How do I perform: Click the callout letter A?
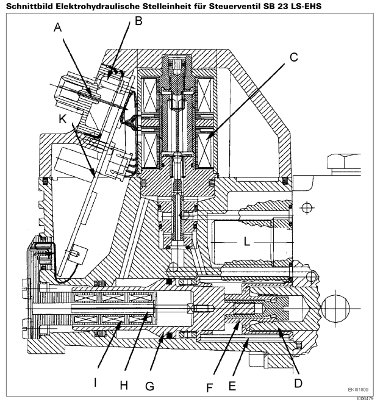tap(58, 27)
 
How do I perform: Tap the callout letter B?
tap(138, 21)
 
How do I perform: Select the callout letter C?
tap(294, 57)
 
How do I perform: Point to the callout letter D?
tap(298, 383)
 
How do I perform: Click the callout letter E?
tap(232, 386)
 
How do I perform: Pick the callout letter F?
tap(209, 388)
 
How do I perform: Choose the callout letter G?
tap(149, 386)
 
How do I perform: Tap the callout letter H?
tap(124, 385)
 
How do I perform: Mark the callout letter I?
tap(95, 382)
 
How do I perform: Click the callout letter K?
tap(63, 119)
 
